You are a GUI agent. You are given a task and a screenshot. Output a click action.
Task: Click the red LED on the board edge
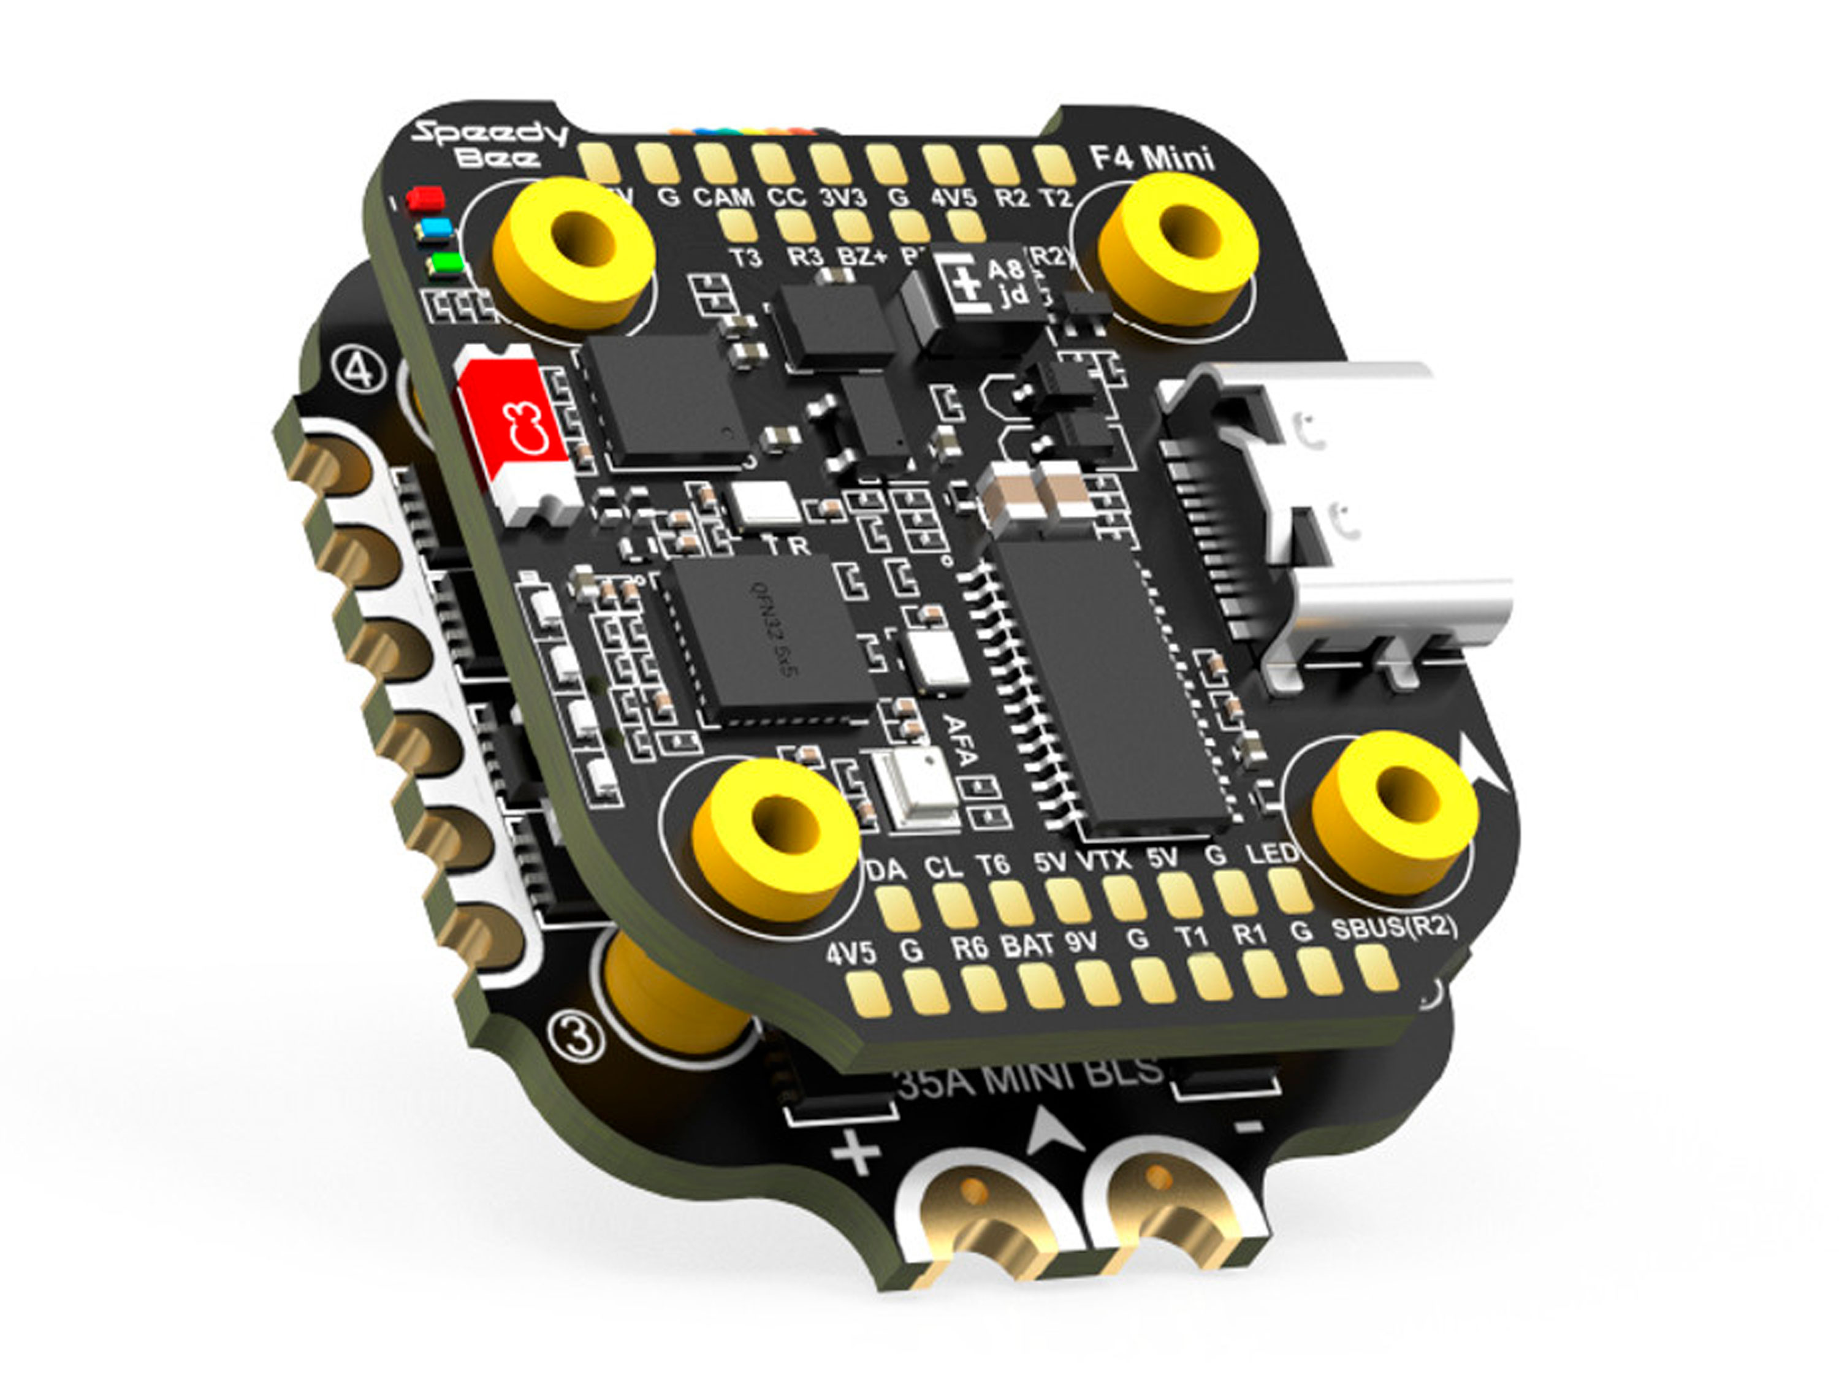[x=425, y=198]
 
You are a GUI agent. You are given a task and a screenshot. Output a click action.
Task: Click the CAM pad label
[x=723, y=198]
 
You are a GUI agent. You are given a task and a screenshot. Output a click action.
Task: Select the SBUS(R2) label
[x=1394, y=928]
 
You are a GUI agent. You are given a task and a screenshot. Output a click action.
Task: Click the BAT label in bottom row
[x=1027, y=945]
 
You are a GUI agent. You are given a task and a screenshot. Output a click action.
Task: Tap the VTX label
[x=1104, y=860]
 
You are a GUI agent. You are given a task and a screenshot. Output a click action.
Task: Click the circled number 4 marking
[x=359, y=372]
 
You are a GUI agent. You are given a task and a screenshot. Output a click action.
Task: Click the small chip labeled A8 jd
[x=989, y=283]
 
